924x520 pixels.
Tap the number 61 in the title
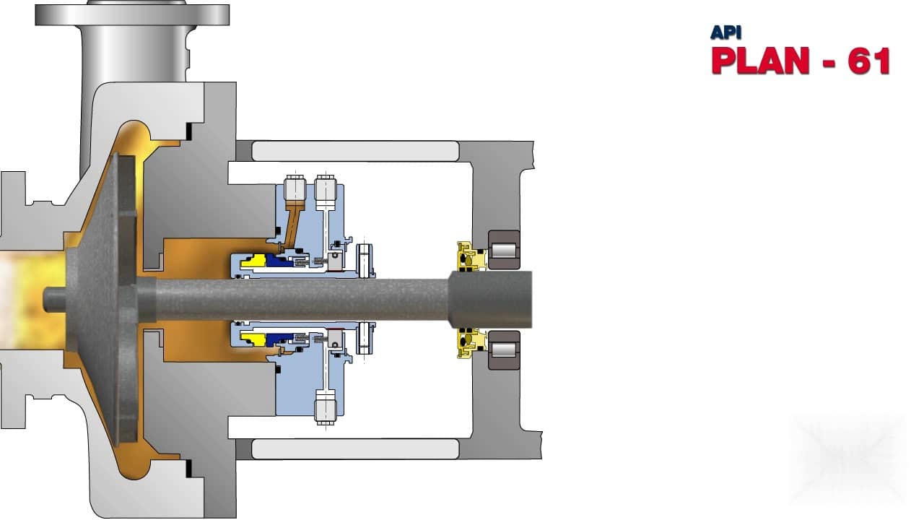[869, 61]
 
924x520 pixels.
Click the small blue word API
[725, 32]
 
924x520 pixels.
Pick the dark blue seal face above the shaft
[278, 261]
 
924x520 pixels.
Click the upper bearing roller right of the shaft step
[504, 251]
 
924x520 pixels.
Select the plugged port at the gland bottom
[326, 406]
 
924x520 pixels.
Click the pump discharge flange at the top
[132, 14]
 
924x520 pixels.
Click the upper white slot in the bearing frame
[354, 151]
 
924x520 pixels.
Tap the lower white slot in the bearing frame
[354, 448]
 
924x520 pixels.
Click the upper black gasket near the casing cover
[189, 131]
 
